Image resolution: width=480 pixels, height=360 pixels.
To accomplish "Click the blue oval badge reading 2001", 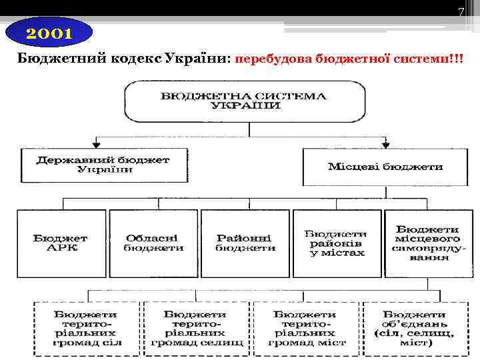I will pyautogui.click(x=49, y=33).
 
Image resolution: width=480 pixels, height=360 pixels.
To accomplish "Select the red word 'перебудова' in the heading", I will pyautogui.click(x=273, y=59).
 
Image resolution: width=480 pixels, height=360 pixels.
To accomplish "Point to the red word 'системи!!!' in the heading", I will pyautogui.click(x=429, y=59).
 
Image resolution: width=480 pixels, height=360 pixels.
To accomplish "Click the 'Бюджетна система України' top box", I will pyautogui.click(x=244, y=101).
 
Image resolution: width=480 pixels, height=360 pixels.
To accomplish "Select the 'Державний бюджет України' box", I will pyautogui.click(x=103, y=165).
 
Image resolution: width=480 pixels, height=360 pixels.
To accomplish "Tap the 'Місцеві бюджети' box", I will pyautogui.click(x=385, y=166).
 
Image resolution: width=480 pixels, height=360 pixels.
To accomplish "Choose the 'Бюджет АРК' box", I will pyautogui.click(x=61, y=243).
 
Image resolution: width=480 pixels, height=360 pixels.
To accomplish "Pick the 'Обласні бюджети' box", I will pyautogui.click(x=153, y=243).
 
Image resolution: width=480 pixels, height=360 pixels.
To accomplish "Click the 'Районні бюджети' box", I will pyautogui.click(x=245, y=243).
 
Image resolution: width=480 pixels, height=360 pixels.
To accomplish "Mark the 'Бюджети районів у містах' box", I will pyautogui.click(x=336, y=243).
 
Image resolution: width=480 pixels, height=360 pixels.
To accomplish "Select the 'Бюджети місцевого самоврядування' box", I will pyautogui.click(x=428, y=243).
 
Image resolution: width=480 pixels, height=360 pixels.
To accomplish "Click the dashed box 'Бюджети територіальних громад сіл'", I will pyautogui.click(x=87, y=327).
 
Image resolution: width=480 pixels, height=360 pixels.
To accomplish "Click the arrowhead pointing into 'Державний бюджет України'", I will pyautogui.click(x=97, y=144).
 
